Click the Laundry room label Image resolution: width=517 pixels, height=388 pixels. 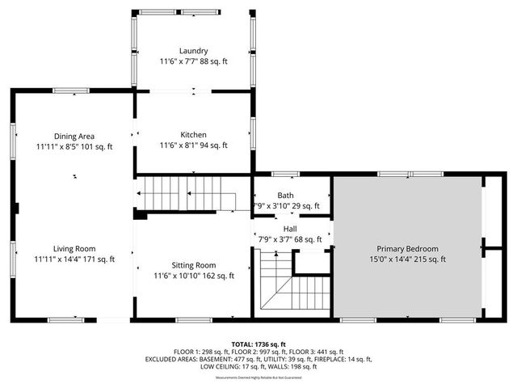tap(194, 50)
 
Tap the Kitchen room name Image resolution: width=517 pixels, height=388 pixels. tap(194, 134)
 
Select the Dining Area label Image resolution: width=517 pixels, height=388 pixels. tap(74, 136)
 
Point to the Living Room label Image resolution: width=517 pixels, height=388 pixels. tap(74, 248)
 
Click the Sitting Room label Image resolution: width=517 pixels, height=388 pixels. tap(194, 264)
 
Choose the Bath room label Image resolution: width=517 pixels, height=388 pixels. tap(286, 195)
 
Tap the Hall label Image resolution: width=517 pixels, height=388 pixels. tap(289, 229)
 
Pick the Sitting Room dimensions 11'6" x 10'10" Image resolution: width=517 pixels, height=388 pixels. tap(179, 276)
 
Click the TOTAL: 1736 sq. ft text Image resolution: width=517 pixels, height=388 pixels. tap(258, 344)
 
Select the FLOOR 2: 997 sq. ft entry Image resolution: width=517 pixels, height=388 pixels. tap(258, 352)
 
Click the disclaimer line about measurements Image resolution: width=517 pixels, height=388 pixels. tap(258, 377)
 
